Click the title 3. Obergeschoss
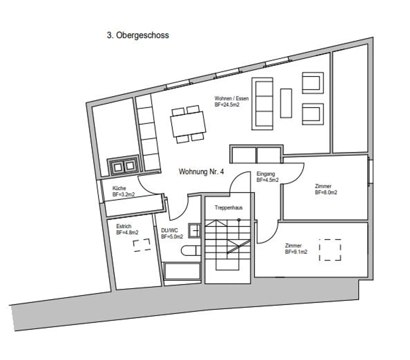pos(138,35)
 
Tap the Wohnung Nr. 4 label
pos(201,172)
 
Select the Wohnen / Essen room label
pos(231,98)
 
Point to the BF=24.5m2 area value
pos(227,105)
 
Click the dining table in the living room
pos(188,124)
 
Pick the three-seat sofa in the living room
pos(262,104)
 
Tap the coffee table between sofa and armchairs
pos(286,103)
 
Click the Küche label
pos(119,188)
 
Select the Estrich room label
pos(124,226)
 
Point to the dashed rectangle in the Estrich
pos(142,245)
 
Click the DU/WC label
pos(169,230)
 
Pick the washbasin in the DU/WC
pos(194,231)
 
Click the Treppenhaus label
pos(229,208)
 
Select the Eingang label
pos(266,174)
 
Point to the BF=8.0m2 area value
pos(326,192)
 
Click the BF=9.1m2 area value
pos(296,252)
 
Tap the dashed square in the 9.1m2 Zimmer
pos(330,250)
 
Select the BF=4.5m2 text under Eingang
pos(268,180)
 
